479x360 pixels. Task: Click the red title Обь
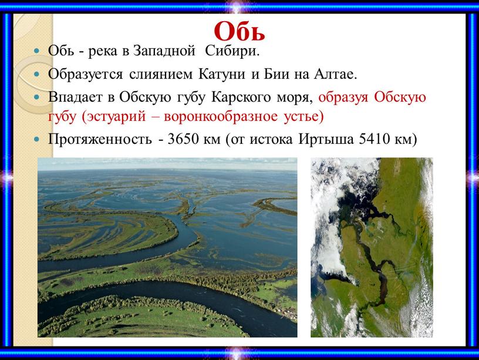pyautogui.click(x=239, y=32)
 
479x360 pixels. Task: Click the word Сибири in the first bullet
pyautogui.click(x=232, y=51)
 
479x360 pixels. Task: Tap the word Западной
pyautogui.click(x=164, y=51)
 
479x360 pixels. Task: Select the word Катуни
pyautogui.click(x=222, y=74)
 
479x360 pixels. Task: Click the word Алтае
pyautogui.click(x=336, y=74)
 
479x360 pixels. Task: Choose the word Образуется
pyautogui.click(x=85, y=74)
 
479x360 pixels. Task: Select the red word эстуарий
pyautogui.click(x=114, y=117)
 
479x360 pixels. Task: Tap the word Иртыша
pyautogui.click(x=326, y=139)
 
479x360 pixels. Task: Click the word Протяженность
pyautogui.click(x=100, y=139)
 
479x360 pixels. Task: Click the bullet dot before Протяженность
pyautogui.click(x=37, y=140)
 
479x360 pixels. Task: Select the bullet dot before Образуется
pyautogui.click(x=37, y=74)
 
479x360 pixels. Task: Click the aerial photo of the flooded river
pyautogui.click(x=167, y=248)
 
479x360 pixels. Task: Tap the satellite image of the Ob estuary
pyautogui.click(x=372, y=248)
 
